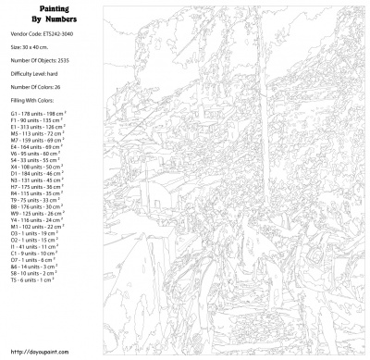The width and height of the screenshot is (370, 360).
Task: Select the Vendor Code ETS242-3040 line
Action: tap(42, 36)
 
